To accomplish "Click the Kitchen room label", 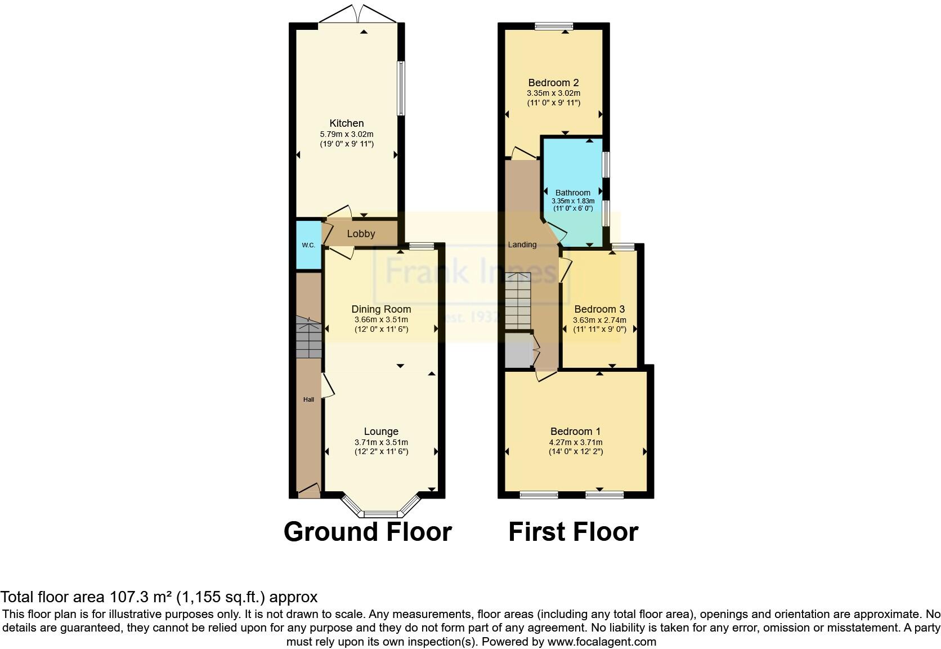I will pos(347,123).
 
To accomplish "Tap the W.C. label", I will pos(308,245).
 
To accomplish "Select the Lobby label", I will pos(361,234).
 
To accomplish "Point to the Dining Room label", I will pos(381,309).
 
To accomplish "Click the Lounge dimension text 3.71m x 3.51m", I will pos(381,442).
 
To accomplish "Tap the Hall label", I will pos(308,399).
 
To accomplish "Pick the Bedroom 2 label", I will pos(553,83).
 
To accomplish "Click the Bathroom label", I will pos(573,193).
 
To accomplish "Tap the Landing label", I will pos(522,245).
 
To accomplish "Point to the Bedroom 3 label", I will pos(599,309).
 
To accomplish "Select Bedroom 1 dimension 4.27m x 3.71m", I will pos(576,442).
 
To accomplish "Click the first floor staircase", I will pos(518,301).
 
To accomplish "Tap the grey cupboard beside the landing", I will pos(518,350).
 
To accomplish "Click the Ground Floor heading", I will pos(368,532).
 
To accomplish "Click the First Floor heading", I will pos(573,532).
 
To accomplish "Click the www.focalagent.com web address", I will pos(602,641).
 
